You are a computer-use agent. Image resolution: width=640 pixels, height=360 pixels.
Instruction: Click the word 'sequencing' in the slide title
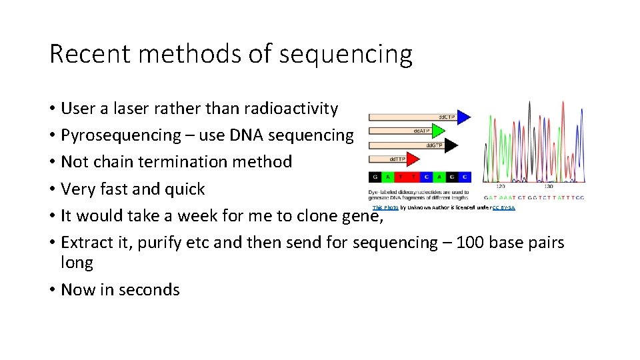coord(345,55)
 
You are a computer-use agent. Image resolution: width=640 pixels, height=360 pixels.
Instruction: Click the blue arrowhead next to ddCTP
coord(463,117)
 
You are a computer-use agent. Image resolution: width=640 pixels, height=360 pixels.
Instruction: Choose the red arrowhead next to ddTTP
coord(413,159)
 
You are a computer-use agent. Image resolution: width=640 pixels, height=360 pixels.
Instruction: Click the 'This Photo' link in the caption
coord(385,208)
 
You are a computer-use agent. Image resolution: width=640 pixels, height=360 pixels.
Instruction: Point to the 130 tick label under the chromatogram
coord(548,188)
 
